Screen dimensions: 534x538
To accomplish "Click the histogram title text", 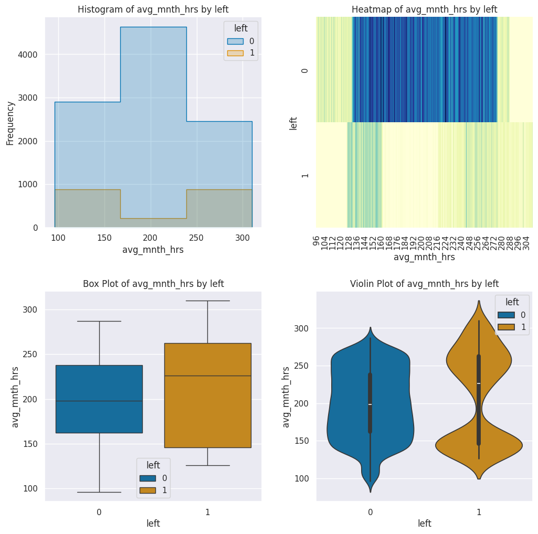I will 153,9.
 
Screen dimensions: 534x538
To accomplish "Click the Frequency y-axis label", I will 10,123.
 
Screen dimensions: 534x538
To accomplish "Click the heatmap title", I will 424,9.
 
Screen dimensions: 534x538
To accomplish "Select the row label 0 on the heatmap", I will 305,70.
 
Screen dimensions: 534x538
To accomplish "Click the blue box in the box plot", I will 99,399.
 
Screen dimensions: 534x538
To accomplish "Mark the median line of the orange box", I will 207,376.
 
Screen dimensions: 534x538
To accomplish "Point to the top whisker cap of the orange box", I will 207,301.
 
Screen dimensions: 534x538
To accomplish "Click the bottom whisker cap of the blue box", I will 99,492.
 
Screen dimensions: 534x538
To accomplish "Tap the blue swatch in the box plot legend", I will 146,478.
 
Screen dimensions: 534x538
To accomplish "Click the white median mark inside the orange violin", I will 479,383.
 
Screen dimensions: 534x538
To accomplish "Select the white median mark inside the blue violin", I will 370,404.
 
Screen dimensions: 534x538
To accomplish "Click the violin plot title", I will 424,284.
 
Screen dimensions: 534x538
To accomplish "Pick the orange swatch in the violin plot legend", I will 505,327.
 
